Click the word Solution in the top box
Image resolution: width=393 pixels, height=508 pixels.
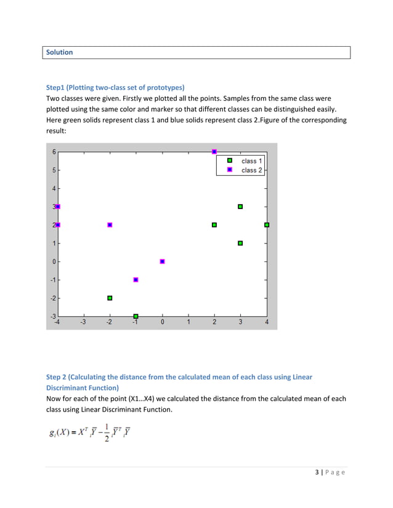60,52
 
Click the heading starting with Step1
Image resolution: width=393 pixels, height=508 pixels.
115,87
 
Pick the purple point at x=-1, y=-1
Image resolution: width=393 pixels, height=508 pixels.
136,280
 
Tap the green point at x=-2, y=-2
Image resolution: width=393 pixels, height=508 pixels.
110,298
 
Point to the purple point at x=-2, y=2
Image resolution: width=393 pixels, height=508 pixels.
110,225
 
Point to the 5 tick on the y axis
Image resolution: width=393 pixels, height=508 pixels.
54,170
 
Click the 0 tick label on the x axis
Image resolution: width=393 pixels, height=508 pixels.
163,322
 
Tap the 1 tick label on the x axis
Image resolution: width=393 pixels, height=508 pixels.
188,322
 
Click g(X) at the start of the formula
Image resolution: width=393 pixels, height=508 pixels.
61,433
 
